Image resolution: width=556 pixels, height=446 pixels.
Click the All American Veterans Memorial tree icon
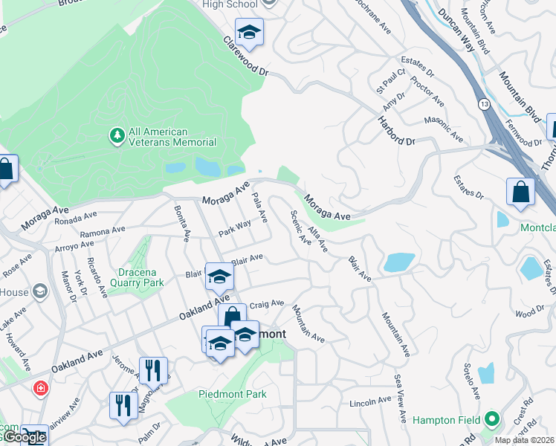click(x=117, y=135)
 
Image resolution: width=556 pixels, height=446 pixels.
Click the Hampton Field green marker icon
click(x=490, y=420)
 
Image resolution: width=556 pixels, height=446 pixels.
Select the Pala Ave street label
click(x=259, y=207)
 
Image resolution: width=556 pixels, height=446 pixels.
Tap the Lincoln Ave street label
click(x=370, y=402)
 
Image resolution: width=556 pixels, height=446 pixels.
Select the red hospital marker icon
click(x=41, y=387)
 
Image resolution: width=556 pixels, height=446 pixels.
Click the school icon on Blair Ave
click(x=219, y=277)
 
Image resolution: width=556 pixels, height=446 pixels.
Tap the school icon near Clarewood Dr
click(x=250, y=31)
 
